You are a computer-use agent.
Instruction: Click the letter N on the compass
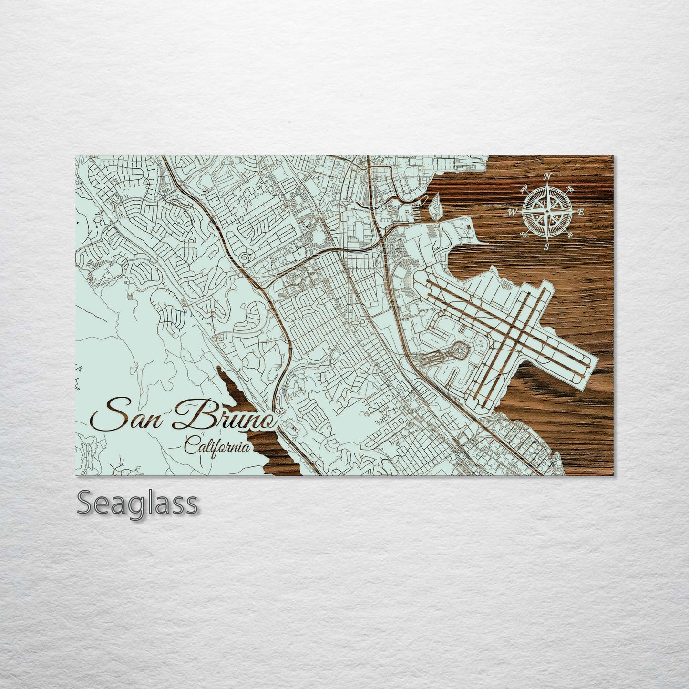(x=548, y=176)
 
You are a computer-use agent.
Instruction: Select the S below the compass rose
(x=547, y=247)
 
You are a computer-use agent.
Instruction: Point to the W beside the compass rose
(x=514, y=211)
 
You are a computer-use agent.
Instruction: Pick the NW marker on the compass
(x=524, y=187)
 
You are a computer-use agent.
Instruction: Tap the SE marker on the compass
(x=571, y=235)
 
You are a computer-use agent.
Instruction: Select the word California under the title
(x=217, y=447)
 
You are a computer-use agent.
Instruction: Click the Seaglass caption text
(x=137, y=503)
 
